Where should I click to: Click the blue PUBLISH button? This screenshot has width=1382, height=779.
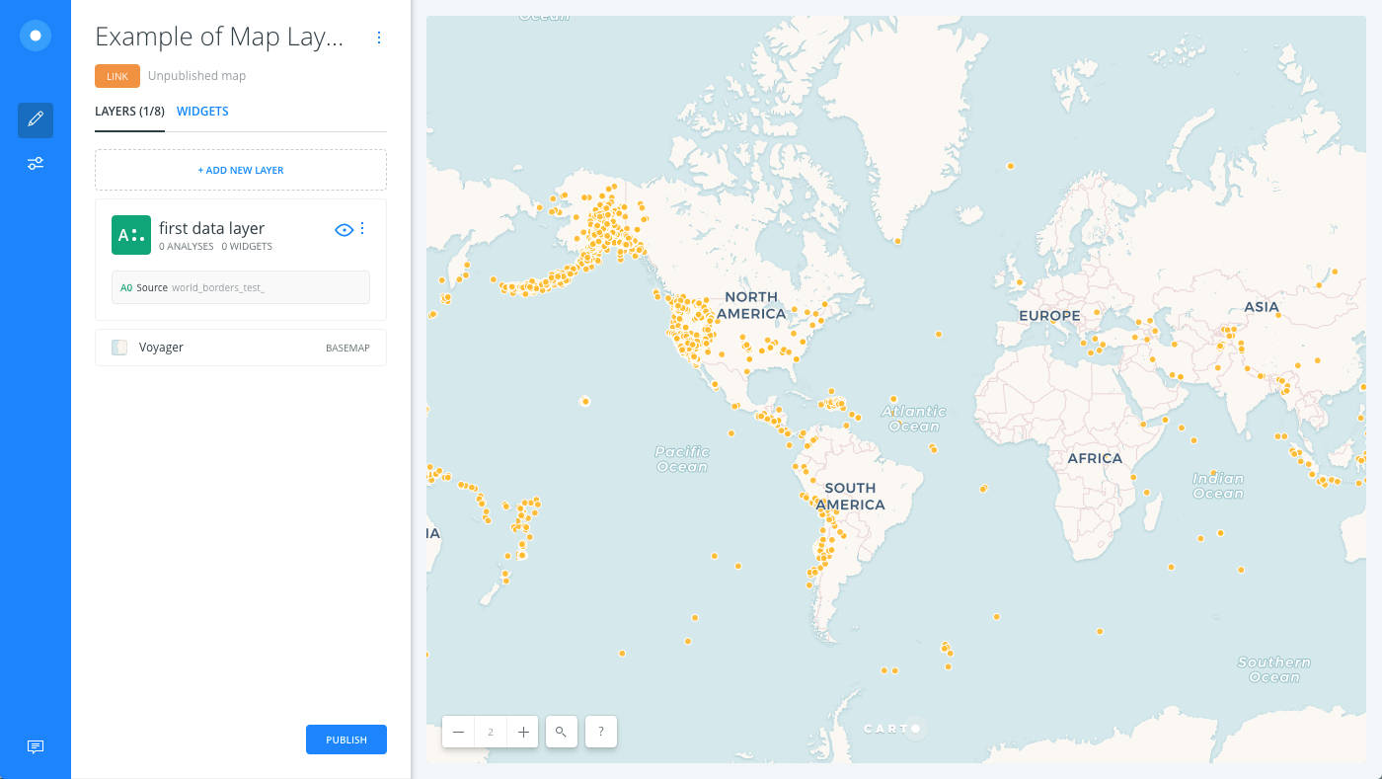[345, 740]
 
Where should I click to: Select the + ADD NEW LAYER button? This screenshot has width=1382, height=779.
[241, 170]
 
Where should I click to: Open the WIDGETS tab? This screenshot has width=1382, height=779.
[202, 112]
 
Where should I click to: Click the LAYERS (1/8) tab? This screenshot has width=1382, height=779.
[129, 112]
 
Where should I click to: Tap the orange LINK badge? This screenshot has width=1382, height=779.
[117, 76]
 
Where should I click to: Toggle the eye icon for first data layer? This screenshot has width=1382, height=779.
[344, 230]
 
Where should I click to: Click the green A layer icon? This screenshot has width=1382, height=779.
[131, 235]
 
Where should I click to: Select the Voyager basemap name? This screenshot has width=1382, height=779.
[161, 348]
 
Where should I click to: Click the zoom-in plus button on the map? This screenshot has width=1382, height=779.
[523, 732]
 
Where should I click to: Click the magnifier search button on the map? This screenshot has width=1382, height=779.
[561, 732]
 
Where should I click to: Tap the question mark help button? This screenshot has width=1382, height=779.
[601, 732]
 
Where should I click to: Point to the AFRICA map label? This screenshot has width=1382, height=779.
[1095, 458]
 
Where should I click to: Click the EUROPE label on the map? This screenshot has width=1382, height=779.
[1049, 316]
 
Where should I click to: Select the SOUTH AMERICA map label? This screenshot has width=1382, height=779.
[850, 496]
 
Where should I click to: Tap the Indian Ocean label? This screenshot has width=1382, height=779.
[1217, 486]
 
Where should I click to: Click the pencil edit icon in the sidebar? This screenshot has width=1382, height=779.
[36, 119]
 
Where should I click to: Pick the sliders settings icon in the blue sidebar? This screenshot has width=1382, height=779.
[36, 163]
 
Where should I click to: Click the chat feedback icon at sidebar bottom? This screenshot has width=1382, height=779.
[36, 746]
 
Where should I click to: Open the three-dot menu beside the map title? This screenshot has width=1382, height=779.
[379, 38]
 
